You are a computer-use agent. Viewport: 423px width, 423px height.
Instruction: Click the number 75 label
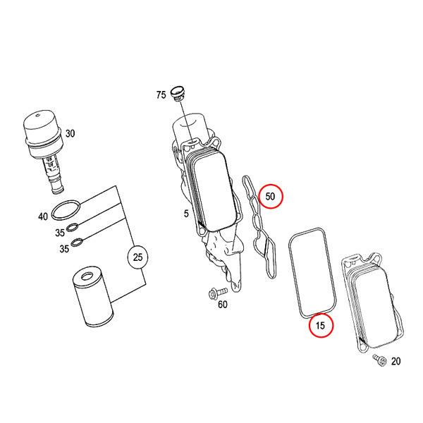(x=161, y=95)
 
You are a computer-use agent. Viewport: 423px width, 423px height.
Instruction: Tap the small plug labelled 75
(x=178, y=92)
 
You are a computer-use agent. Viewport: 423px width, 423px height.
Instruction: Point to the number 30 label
(x=70, y=133)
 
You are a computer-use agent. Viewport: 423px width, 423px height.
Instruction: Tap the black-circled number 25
(x=138, y=257)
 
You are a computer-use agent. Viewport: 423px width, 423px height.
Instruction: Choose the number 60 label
(x=223, y=305)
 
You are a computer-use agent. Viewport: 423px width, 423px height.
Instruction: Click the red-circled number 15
(x=321, y=326)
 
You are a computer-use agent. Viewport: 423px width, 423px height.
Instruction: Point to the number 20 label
(x=395, y=362)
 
